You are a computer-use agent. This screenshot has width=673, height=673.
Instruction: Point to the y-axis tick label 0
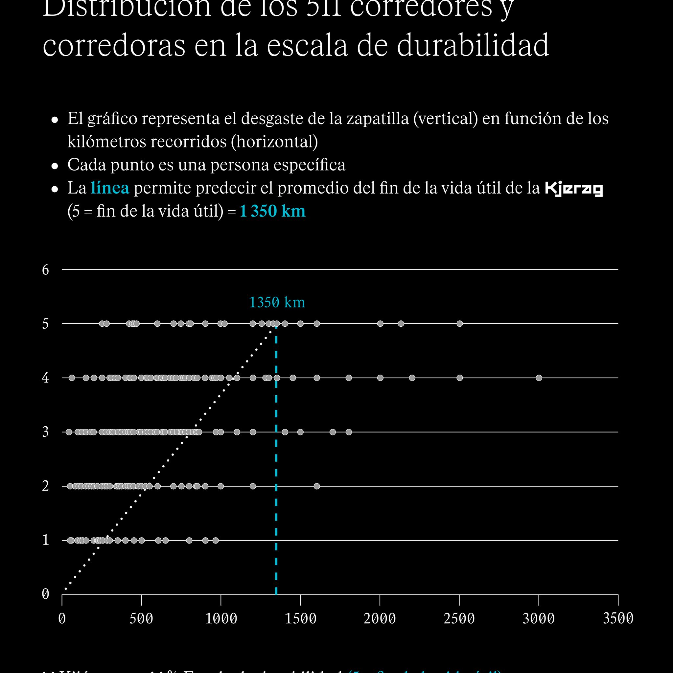(46, 594)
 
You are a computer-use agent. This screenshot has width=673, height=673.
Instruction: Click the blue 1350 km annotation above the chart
(277, 302)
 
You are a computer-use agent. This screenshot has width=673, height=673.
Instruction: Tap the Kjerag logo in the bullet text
(574, 189)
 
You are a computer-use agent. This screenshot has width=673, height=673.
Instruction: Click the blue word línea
(110, 188)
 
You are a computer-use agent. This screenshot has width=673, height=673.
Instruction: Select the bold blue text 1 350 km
(272, 211)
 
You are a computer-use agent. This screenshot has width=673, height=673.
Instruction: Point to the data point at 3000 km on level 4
(539, 378)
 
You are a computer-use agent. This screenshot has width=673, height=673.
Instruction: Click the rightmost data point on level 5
(459, 324)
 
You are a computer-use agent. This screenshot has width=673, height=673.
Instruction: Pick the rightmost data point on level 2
(317, 486)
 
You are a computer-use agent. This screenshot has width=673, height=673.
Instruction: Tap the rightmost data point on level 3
(349, 432)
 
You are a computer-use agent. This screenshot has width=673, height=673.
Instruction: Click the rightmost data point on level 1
(216, 540)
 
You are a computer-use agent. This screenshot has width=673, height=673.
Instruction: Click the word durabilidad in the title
(473, 45)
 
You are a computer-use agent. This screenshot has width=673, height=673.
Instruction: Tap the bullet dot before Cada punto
(55, 166)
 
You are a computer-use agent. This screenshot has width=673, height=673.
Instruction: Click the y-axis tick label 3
(46, 432)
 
